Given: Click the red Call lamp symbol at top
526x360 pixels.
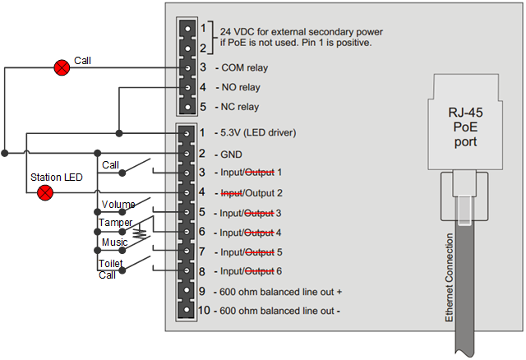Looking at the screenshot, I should (x=61, y=67).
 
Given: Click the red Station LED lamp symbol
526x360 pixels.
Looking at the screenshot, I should (x=46, y=192).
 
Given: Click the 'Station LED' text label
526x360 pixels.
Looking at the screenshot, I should (x=57, y=178).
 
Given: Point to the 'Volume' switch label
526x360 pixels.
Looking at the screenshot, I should (x=118, y=205).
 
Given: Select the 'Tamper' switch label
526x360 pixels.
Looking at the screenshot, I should (x=116, y=223).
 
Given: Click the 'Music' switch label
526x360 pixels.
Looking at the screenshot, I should (x=114, y=242).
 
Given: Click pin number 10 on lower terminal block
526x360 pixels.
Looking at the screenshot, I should (x=203, y=311).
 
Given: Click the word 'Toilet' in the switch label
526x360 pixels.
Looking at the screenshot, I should (x=111, y=263).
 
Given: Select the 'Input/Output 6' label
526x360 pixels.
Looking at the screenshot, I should (x=250, y=272).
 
